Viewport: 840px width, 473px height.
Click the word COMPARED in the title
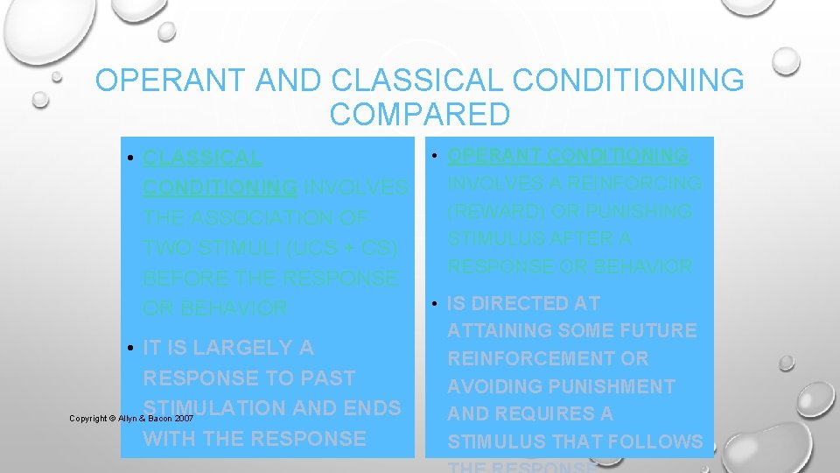click(420, 115)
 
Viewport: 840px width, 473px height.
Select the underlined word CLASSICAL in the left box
click(202, 159)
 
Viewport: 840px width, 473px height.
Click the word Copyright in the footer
click(87, 419)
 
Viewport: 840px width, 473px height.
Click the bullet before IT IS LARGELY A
click(129, 349)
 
